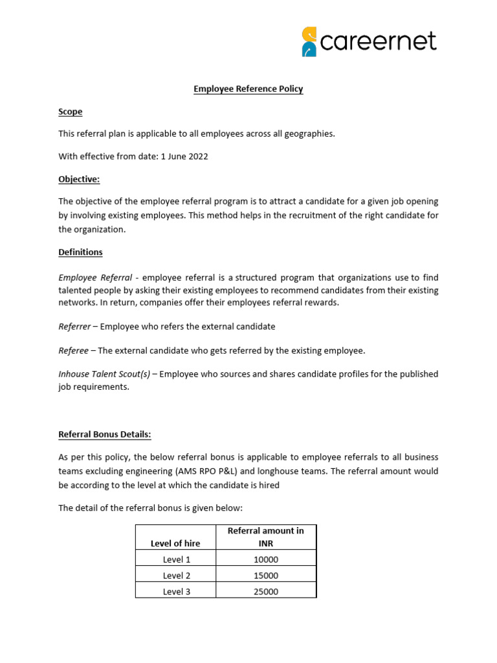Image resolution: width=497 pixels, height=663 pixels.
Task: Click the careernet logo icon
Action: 309,42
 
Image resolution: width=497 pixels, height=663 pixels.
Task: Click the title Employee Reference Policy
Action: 248,89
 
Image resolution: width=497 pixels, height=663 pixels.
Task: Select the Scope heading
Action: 71,111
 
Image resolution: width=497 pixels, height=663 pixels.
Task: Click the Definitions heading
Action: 80,252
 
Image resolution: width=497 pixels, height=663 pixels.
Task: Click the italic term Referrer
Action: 74,326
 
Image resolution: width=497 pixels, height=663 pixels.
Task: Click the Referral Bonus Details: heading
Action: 105,434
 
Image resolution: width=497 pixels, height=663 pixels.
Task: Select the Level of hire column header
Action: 175,543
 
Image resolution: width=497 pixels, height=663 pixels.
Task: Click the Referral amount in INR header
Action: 266,537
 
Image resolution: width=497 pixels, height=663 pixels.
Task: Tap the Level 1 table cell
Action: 176,559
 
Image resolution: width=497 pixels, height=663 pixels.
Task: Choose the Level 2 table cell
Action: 176,576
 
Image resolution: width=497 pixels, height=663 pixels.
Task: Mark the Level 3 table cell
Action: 176,592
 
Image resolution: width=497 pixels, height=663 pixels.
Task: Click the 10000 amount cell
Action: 266,559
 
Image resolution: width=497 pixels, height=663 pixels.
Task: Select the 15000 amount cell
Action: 266,576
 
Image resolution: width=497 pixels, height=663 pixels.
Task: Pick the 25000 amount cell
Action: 266,592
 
